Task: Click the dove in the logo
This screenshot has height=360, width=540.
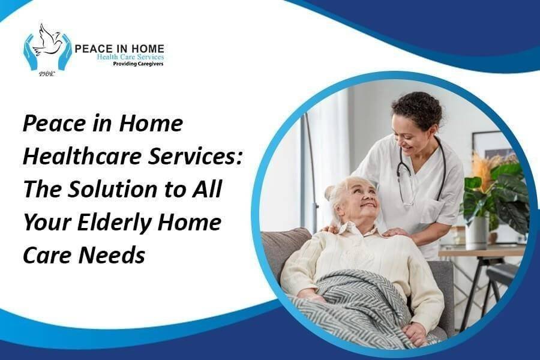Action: (x=48, y=41)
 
